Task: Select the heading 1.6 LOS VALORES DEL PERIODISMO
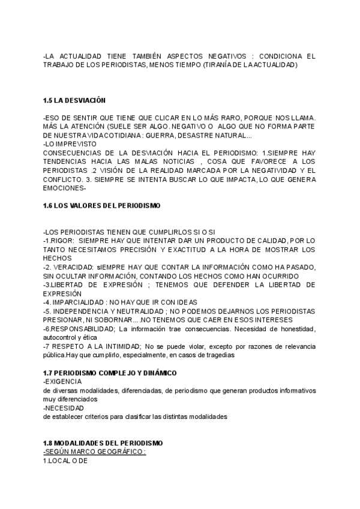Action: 102,206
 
